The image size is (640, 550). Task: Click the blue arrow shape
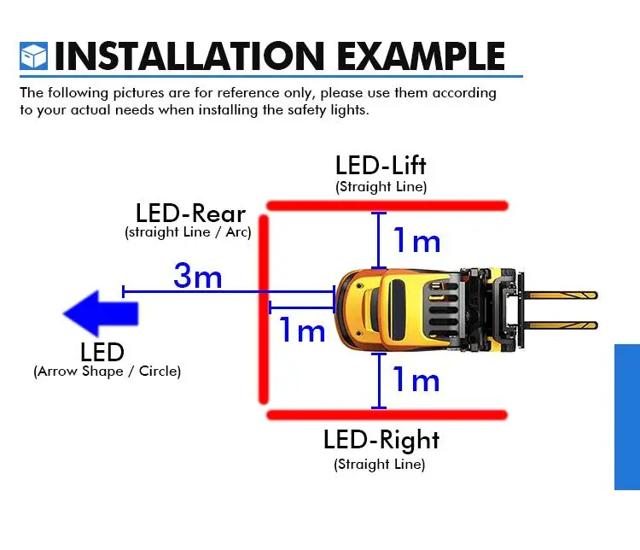coord(100,312)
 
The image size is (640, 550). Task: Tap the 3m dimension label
coord(197,276)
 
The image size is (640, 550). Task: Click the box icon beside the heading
coord(33,56)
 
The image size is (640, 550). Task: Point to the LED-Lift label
coord(381,165)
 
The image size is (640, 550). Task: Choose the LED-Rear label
coord(190,214)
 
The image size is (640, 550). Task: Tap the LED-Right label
coord(381,440)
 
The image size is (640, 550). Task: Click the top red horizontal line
coord(387,205)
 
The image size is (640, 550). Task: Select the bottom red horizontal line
coord(387,415)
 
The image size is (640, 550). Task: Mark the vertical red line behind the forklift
coord(264,309)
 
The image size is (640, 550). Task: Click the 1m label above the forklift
coord(416,242)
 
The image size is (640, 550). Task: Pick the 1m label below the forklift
coord(416,379)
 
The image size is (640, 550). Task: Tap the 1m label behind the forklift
coord(302,330)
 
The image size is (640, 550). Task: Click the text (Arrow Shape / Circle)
coord(108,372)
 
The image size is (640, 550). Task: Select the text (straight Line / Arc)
coord(188,232)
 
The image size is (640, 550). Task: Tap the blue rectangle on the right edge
coord(627,417)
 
